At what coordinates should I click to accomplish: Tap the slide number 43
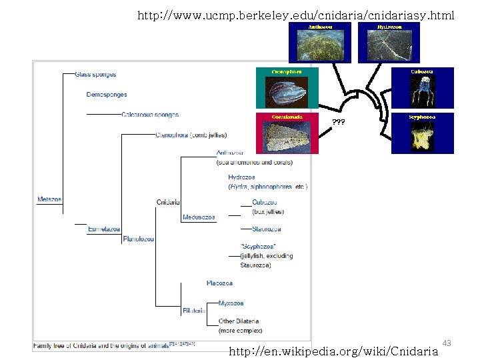pos(447,343)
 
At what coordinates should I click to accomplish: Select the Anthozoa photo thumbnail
pos(320,43)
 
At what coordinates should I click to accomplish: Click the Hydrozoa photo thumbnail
pos(388,43)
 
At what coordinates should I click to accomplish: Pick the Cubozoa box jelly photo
pos(422,88)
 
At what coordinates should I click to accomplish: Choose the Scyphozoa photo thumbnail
pos(422,133)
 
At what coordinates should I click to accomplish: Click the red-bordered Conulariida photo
pos(287,133)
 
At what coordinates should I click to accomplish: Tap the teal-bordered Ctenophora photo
pos(287,88)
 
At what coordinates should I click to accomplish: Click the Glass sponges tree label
pos(95,75)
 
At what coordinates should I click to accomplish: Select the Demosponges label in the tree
pos(107,95)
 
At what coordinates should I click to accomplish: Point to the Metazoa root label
pos(49,199)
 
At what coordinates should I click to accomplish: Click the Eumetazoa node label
pos(104,229)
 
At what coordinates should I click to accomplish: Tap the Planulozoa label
pos(139,239)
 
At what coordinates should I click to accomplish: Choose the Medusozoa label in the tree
pos(199,217)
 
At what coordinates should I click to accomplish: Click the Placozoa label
pos(219,283)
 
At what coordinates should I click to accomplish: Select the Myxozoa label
pos(231,303)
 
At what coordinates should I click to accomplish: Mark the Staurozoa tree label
pos(267,229)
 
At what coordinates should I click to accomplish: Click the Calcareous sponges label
pos(150,115)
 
